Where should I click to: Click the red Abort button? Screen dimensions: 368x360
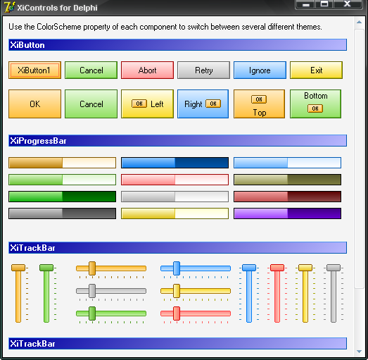[147, 70]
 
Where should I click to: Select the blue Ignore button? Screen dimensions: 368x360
[260, 70]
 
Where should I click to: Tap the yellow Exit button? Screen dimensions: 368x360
[316, 70]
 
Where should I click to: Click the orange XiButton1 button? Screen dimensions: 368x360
[34, 70]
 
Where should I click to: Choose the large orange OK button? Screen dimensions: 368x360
[34, 104]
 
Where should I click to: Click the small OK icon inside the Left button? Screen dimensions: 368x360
[139, 104]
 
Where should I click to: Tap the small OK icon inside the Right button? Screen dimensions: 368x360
[213, 104]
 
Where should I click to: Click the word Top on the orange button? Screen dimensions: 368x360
[260, 113]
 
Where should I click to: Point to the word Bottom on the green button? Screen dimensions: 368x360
[316, 96]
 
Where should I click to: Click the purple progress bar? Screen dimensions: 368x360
[287, 213]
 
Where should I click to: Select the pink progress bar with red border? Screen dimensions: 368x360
[175, 180]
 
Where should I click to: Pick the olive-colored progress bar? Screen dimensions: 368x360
[287, 180]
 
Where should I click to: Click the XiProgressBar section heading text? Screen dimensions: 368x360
[38, 141]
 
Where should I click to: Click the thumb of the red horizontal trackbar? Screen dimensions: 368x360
[177, 314]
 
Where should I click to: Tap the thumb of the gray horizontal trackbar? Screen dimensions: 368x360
[92, 291]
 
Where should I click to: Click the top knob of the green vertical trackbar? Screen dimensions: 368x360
[46, 268]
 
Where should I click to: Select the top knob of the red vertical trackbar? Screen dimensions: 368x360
[277, 268]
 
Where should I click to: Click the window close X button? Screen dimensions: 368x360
[348, 4]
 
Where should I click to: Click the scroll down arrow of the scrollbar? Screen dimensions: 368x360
[359, 352]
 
